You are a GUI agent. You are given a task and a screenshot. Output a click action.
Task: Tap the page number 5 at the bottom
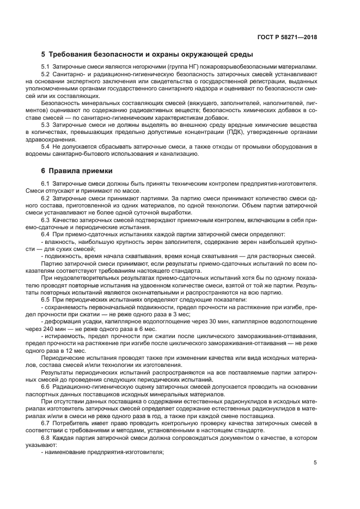pyautogui.click(x=315, y=463)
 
